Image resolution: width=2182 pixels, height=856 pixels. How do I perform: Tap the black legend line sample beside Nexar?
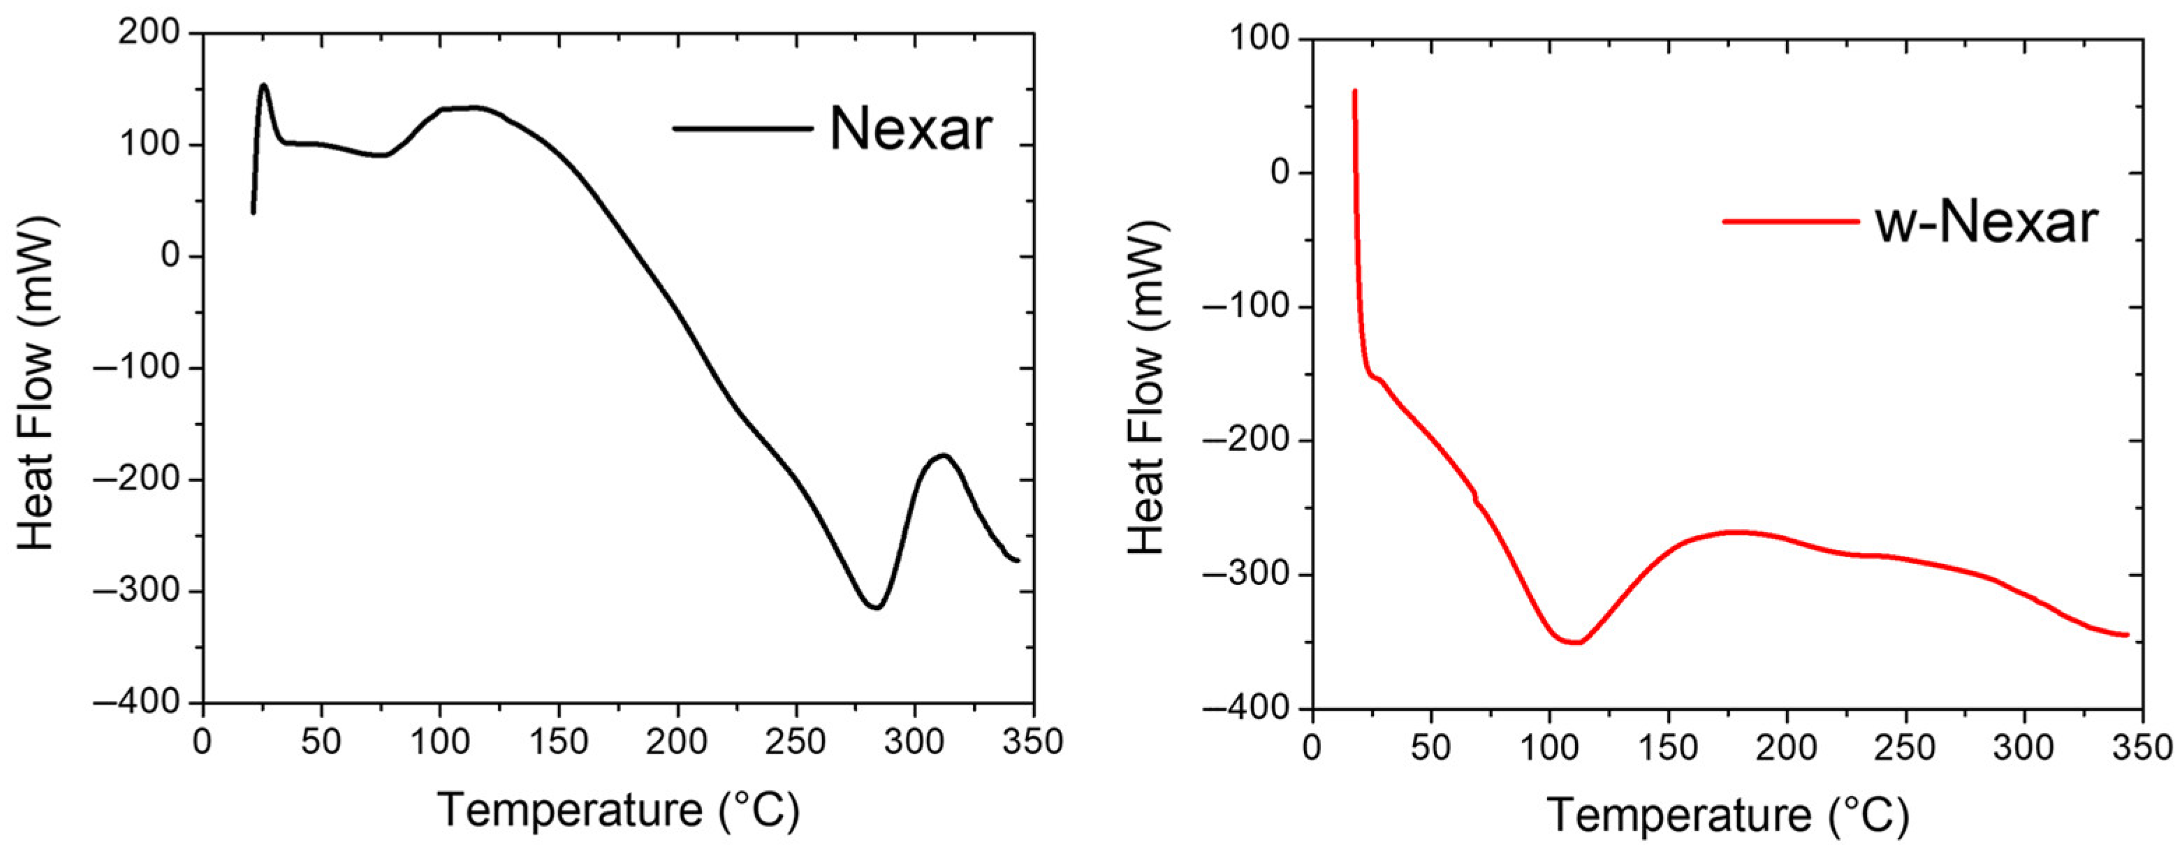tap(742, 128)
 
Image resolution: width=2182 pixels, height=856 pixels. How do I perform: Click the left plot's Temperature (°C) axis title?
tap(618, 811)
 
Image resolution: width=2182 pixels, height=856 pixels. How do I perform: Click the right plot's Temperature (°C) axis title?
tap(1728, 816)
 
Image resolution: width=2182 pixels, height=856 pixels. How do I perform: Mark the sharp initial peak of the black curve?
tap(263, 84)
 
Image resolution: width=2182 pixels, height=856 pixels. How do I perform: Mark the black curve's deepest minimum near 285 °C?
tap(876, 607)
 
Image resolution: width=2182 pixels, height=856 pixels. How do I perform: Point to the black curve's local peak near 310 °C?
tap(943, 455)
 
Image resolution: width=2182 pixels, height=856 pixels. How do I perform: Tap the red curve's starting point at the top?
tap(1354, 91)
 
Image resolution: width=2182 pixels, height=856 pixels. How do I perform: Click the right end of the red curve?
tap(2127, 635)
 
